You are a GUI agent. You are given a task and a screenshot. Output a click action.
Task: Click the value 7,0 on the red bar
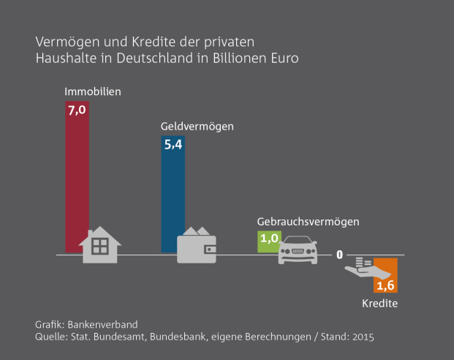[77, 111]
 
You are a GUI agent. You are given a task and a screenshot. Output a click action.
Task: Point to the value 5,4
[173, 145]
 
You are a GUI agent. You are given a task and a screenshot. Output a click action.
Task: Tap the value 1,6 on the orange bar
[385, 285]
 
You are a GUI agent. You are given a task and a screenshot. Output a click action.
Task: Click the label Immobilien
[93, 93]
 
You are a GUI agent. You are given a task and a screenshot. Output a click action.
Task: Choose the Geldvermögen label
[197, 126]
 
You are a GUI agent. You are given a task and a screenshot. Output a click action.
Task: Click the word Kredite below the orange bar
[380, 303]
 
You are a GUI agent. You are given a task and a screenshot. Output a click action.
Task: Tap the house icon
[102, 245]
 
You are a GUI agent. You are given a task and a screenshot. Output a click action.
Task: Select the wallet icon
[197, 245]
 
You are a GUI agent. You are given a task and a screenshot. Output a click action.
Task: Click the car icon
[298, 250]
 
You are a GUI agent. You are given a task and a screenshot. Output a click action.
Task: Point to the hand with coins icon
[360, 270]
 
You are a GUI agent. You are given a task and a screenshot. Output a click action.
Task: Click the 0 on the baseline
[340, 254]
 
